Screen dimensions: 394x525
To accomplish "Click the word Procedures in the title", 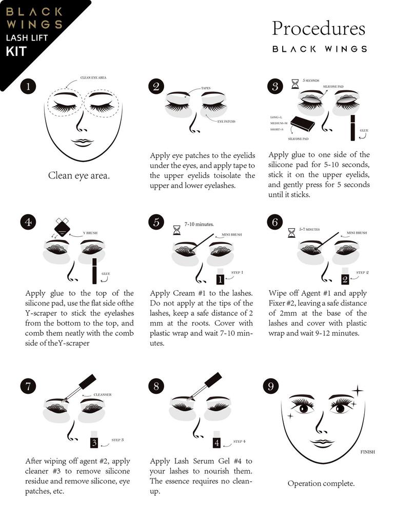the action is point(318,29).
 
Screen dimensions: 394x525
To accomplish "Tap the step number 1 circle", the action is point(28,86).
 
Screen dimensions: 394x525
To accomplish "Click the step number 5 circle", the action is point(156,222).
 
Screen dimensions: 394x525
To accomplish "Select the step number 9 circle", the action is point(271,386).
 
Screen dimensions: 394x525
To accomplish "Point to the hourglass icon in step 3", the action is point(295,84).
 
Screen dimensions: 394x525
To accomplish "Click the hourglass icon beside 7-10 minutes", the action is point(176,230).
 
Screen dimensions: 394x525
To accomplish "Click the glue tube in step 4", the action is point(94,271).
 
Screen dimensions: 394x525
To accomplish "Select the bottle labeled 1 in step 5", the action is point(220,276).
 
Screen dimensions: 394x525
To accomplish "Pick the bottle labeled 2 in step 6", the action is point(345,276).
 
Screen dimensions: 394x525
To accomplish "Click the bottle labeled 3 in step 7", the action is point(94,439).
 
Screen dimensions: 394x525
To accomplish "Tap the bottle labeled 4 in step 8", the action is point(217,439).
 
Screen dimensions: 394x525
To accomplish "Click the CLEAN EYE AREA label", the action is point(93,78).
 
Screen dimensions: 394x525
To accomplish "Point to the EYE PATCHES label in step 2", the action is point(226,122).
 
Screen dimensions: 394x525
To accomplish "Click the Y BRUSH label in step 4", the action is point(90,233).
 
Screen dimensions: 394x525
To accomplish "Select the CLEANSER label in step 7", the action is point(103,395).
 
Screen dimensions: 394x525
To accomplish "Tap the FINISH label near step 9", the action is point(367,452).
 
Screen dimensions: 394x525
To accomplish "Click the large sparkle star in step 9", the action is point(358,390).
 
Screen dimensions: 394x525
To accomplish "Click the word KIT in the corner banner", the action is point(16,52).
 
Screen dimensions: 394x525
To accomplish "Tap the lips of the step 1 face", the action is point(83,143).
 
